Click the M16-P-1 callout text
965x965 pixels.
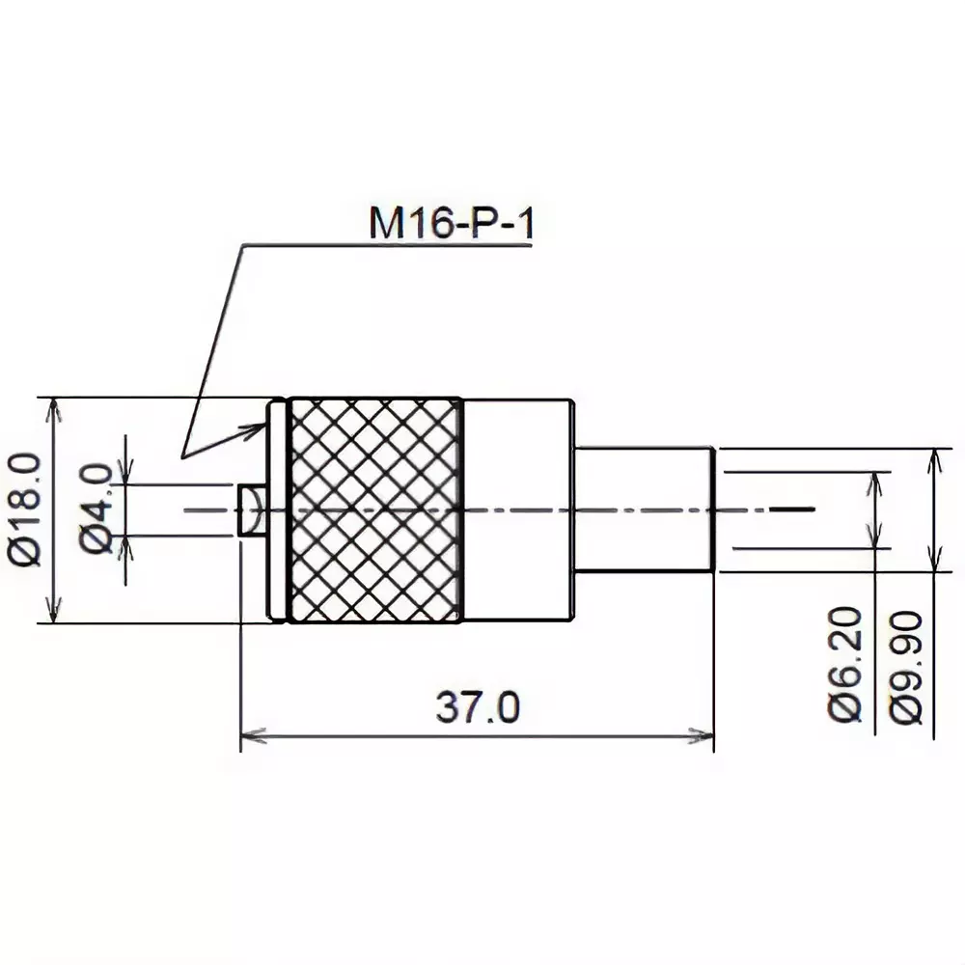click(x=450, y=224)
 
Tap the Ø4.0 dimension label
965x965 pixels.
click(x=97, y=509)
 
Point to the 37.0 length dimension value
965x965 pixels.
click(x=477, y=708)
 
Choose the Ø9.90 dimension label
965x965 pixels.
click(x=907, y=666)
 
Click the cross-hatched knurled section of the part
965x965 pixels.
click(x=374, y=510)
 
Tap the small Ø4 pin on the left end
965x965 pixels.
click(x=251, y=510)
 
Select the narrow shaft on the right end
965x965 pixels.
click(x=644, y=510)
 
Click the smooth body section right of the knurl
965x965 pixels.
click(x=517, y=510)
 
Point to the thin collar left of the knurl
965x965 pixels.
click(x=277, y=510)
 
